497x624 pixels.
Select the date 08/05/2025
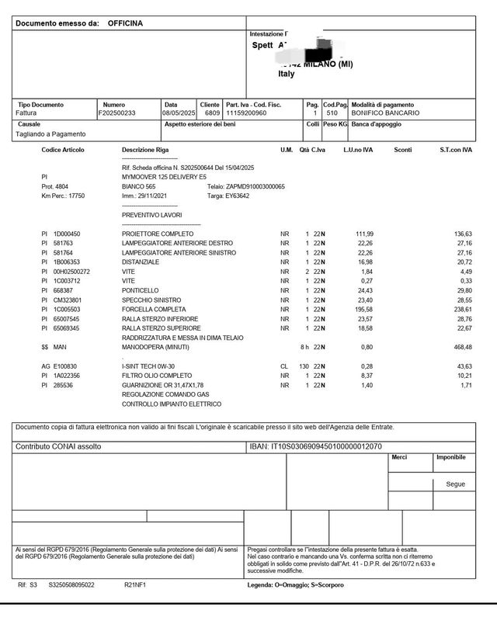(179, 113)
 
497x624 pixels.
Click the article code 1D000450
(67, 234)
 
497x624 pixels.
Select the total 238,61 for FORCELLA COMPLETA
(462, 309)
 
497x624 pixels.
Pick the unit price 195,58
(363, 309)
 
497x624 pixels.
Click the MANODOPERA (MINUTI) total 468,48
(461, 347)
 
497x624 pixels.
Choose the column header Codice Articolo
(63, 150)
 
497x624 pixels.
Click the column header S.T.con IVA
(455, 150)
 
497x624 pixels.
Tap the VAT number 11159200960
(248, 113)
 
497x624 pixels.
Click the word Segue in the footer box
(455, 484)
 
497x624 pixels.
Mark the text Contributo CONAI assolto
(58, 447)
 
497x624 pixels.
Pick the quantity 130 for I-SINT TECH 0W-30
(304, 366)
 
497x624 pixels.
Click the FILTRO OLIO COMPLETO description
(156, 376)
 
